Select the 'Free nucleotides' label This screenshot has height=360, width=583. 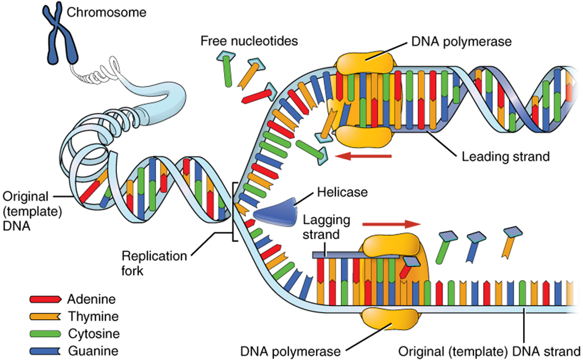pyautogui.click(x=249, y=41)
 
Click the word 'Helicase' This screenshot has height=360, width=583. pyautogui.click(x=342, y=192)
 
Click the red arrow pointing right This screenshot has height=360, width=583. pyautogui.click(x=391, y=224)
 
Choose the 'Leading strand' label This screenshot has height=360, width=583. pyautogui.click(x=506, y=156)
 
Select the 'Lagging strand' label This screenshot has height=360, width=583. pyautogui.click(x=326, y=226)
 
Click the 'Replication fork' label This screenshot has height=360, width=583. pyautogui.click(x=154, y=263)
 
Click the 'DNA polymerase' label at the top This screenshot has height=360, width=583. pyautogui.click(x=461, y=41)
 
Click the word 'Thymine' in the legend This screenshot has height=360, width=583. pyautogui.click(x=93, y=317)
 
